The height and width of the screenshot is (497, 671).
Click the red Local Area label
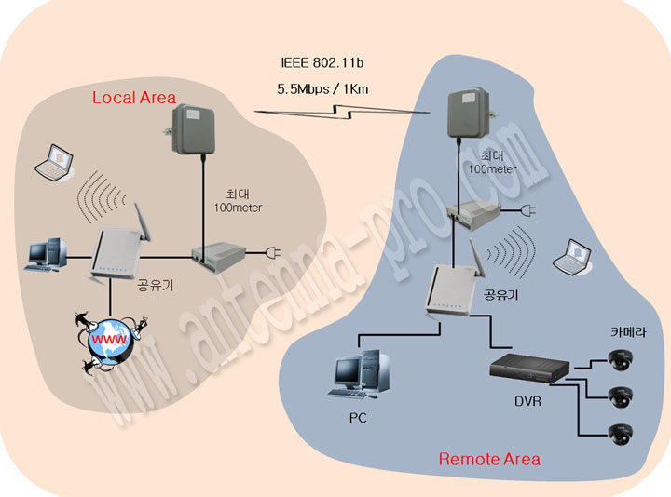(x=134, y=98)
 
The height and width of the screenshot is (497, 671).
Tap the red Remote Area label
(x=489, y=460)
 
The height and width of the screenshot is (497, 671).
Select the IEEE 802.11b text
(x=322, y=62)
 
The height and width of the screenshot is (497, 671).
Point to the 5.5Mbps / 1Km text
(x=322, y=89)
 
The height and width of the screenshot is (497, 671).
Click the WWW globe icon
(x=111, y=340)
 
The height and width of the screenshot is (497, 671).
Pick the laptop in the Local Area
(x=54, y=163)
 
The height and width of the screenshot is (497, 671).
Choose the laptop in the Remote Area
(x=572, y=257)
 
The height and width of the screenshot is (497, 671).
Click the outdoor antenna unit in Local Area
(x=194, y=129)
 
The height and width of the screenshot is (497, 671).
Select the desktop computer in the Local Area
(x=46, y=255)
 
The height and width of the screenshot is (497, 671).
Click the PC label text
(x=358, y=418)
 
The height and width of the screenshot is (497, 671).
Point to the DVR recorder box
(x=529, y=369)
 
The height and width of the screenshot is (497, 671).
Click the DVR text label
(x=527, y=401)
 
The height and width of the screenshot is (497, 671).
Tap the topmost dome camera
(x=621, y=360)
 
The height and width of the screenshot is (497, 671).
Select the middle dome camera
(x=621, y=397)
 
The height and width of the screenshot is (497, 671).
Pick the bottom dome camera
(x=621, y=435)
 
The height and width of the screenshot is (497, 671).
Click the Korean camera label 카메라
(x=628, y=332)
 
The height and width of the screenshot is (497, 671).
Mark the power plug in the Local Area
(x=272, y=252)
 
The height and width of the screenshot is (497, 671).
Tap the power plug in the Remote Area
(x=527, y=210)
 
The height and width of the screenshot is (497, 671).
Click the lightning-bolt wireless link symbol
(x=342, y=112)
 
